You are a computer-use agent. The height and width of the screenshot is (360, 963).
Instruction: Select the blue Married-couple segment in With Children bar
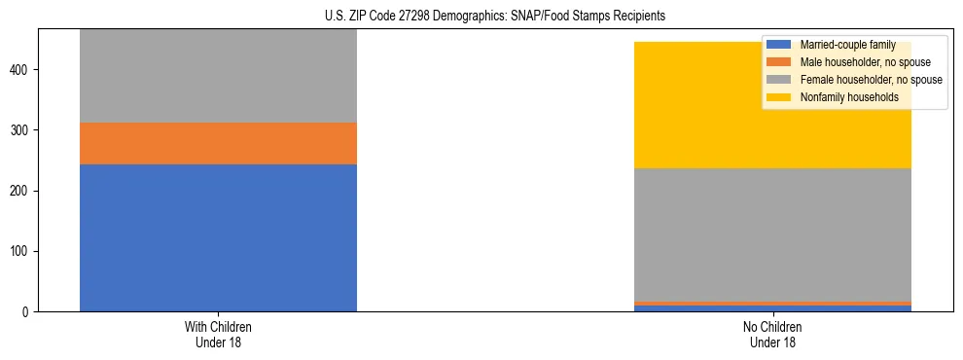(x=218, y=237)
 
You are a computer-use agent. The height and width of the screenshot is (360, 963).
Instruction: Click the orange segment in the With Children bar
(x=218, y=143)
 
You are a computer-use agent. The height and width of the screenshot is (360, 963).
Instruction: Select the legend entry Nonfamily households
(x=842, y=97)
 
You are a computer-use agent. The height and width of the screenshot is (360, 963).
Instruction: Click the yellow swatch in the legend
(x=779, y=97)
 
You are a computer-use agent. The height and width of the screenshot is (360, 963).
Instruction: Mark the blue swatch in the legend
(x=779, y=45)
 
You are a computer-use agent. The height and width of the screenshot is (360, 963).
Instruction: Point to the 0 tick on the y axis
(x=27, y=312)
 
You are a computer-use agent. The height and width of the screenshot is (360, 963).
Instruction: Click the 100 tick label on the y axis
(x=21, y=251)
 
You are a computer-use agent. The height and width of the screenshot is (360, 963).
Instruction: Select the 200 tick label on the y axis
(x=21, y=191)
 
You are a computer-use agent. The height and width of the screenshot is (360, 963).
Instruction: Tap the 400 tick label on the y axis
(x=21, y=70)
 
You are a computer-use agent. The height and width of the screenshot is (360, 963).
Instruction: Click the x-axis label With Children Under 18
(x=218, y=334)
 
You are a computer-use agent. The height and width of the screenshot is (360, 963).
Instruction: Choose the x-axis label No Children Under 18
(x=772, y=334)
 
